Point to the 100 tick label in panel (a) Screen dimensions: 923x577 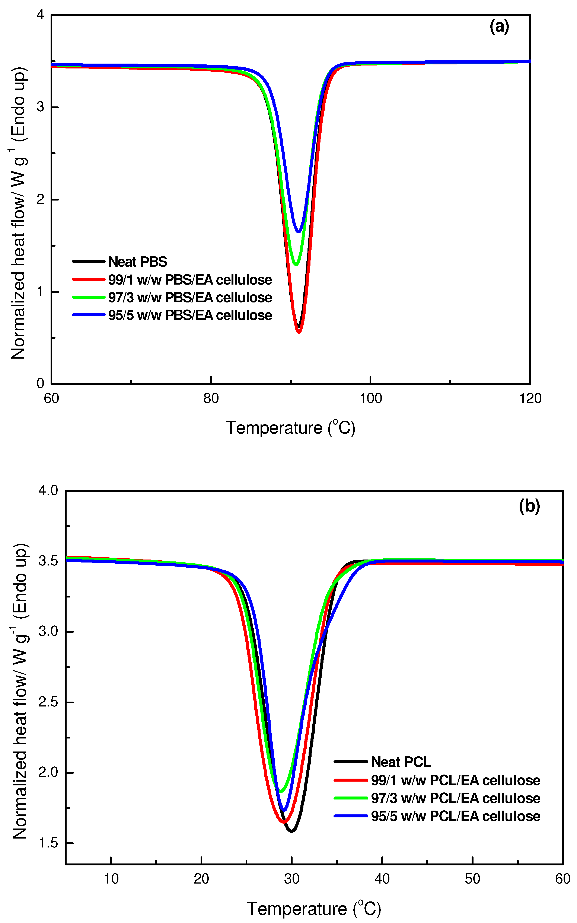coord(370,398)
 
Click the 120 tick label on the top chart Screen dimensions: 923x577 coord(530,398)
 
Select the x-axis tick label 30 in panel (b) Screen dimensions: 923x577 coord(291,879)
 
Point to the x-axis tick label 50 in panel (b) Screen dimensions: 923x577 coord(472,879)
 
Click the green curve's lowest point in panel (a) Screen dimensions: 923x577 coord(296,264)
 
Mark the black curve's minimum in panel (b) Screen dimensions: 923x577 coord(291,831)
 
